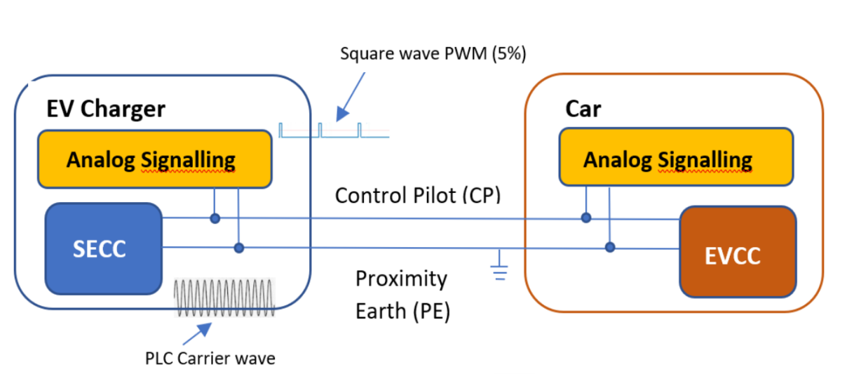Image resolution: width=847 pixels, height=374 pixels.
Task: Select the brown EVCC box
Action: point(738,253)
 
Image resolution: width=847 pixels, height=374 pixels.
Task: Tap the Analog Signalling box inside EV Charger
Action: point(154,159)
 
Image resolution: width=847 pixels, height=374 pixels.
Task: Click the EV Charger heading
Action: point(106,109)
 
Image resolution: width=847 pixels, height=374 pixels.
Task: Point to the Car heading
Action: point(583,109)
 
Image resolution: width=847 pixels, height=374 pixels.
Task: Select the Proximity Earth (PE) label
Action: point(402,294)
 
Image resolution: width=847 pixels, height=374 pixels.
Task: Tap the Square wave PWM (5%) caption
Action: point(433,54)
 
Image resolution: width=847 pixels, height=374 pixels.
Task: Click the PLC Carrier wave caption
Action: point(210,359)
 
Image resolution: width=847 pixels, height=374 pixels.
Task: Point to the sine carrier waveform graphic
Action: point(224,298)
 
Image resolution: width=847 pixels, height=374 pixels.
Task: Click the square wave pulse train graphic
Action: point(333,131)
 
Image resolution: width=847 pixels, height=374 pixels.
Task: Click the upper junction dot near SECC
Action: point(215,219)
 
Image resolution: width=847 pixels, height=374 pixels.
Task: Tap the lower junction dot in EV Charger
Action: point(239,247)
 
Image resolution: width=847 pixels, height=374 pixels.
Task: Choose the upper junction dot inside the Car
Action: point(585,219)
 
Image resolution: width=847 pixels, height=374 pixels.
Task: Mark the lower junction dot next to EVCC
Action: point(610,247)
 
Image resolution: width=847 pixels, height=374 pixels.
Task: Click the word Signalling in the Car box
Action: point(705,160)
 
